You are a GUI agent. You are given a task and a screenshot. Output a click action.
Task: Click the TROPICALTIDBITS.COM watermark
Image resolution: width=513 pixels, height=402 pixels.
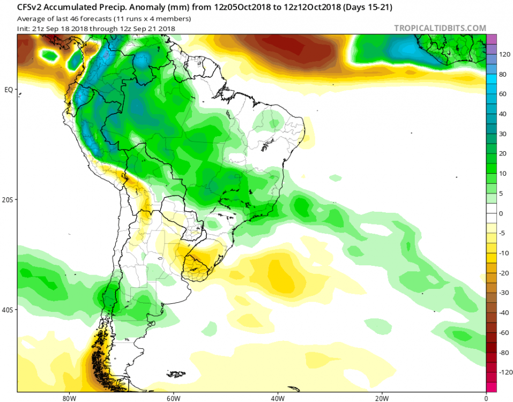click(x=440, y=28)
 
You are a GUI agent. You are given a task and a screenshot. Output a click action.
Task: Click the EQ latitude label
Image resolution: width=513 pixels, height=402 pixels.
click(x=8, y=90)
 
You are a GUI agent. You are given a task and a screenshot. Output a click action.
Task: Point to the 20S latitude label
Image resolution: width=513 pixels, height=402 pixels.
click(x=8, y=199)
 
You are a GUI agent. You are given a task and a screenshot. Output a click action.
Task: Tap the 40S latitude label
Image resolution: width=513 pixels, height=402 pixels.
click(x=8, y=310)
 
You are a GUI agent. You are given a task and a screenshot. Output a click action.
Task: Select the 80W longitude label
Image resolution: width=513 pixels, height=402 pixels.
click(x=67, y=398)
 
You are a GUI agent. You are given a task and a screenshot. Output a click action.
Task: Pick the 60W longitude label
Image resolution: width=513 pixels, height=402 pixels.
click(x=172, y=398)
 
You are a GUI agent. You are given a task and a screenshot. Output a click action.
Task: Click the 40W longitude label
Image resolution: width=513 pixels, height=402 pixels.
click(x=277, y=398)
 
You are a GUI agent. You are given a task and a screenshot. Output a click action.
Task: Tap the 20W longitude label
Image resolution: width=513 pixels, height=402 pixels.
click(x=381, y=398)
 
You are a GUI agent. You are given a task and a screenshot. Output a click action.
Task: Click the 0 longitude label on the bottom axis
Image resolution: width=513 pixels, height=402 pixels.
click(x=486, y=398)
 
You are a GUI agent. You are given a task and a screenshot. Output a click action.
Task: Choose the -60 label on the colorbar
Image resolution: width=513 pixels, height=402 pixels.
click(x=504, y=333)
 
